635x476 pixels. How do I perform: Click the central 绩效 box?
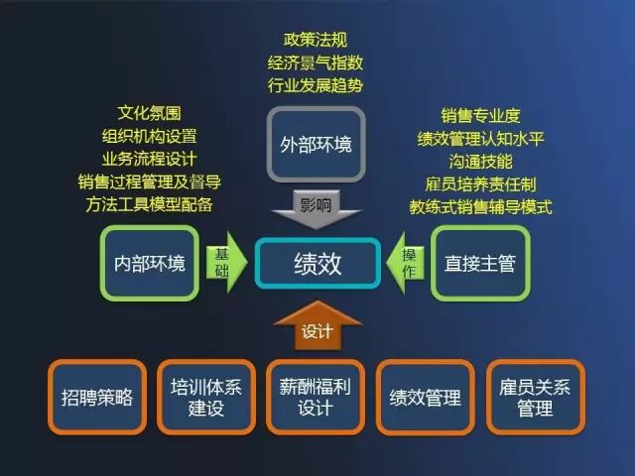(317, 263)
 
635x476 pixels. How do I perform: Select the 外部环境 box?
(316, 146)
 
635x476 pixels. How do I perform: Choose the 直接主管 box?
(480, 264)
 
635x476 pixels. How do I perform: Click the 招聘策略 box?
(96, 397)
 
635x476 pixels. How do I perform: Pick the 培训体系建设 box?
(206, 397)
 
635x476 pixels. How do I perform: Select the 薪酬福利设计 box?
(317, 397)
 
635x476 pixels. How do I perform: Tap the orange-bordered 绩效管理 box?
(426, 397)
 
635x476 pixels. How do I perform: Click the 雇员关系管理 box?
(535, 397)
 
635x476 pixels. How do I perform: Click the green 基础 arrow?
(224, 263)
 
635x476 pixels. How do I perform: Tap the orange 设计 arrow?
(317, 327)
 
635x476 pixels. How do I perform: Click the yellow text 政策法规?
(316, 40)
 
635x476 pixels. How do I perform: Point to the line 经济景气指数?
(316, 62)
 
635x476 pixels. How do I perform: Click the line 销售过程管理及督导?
(149, 182)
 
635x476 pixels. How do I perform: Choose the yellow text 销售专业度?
(480, 115)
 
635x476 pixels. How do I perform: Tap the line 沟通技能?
(480, 161)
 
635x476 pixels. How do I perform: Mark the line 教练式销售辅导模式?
(480, 206)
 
